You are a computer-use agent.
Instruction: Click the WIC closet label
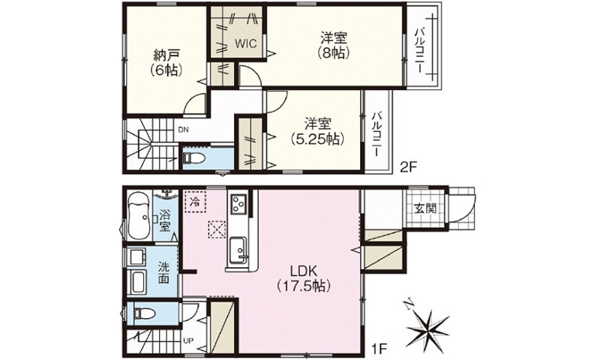pos(245,43)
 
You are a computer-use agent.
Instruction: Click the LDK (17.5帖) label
pos(304,277)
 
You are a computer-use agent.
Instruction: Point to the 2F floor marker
pos(409,168)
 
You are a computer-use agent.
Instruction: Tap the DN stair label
pos(183,129)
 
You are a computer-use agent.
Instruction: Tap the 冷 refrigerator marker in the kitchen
pos(195,201)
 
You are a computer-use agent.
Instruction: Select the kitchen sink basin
pos(239,247)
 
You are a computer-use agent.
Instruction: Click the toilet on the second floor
pos(192,159)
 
